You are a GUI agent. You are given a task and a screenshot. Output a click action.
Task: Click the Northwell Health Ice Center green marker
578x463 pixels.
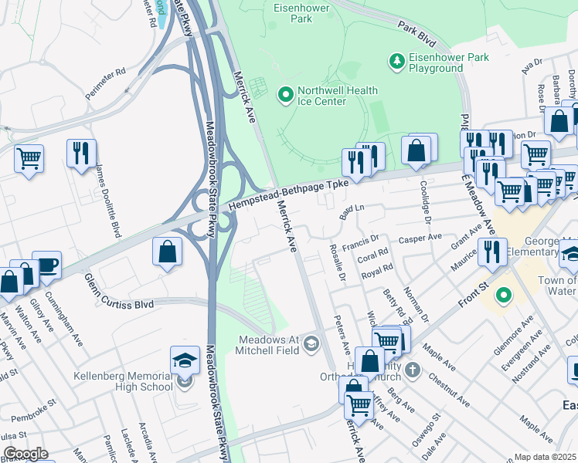(286, 95)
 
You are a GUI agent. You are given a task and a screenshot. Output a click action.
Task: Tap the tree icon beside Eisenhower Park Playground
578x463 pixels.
(396, 60)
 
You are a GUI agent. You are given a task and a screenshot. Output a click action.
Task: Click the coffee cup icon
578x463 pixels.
(46, 264)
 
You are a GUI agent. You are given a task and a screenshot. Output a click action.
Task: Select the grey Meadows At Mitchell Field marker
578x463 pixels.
(311, 343)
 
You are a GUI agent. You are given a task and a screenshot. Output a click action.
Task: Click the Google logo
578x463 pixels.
(25, 454)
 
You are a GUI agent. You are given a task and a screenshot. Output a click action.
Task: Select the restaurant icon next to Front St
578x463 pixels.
(491, 250)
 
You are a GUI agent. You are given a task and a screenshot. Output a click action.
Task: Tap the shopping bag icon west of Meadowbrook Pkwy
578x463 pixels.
(167, 252)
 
